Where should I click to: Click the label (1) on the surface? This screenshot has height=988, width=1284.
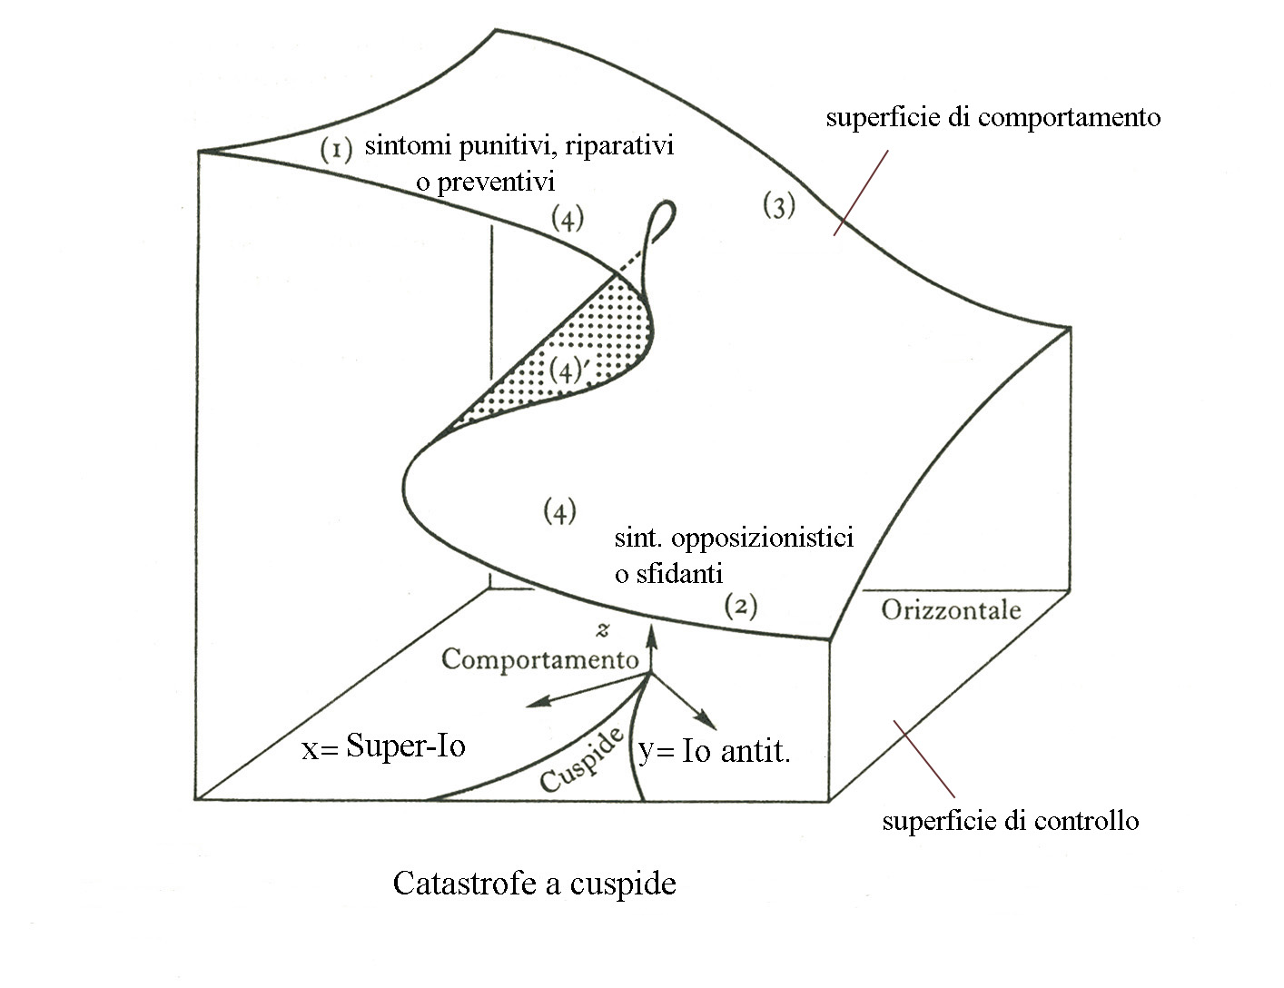coord(336,149)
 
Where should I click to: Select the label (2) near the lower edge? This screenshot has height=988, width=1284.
coord(741,606)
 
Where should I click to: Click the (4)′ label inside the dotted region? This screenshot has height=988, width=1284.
coord(570,370)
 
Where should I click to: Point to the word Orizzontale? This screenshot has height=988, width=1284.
coord(951,609)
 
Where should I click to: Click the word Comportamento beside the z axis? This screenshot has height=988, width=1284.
coord(540,658)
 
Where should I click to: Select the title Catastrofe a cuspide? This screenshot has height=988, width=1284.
coord(534,883)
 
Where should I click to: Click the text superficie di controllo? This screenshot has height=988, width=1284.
coord(1010,821)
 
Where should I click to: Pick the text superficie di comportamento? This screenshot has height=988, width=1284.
coord(993,117)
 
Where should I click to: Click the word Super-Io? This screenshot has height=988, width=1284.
coord(406,746)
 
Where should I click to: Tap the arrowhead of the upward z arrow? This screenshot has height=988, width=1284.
coord(650,630)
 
